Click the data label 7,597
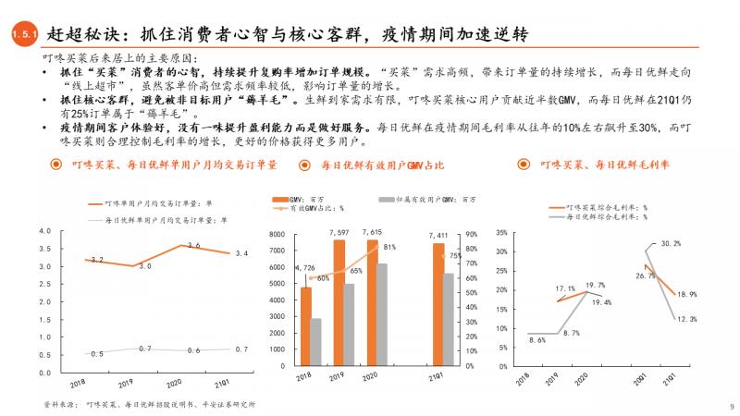[x=338, y=231]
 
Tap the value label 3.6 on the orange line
[x=193, y=245]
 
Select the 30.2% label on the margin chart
[x=671, y=243]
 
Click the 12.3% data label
[x=684, y=319]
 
